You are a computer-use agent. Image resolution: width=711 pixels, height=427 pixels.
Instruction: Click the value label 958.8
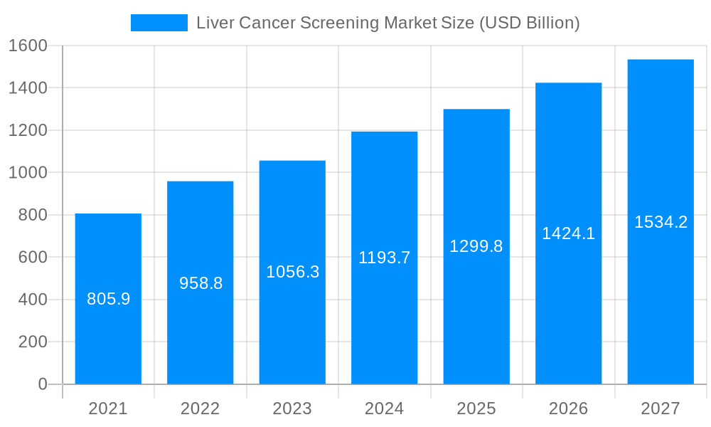201,283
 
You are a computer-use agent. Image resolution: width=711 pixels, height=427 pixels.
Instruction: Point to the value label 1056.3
292,272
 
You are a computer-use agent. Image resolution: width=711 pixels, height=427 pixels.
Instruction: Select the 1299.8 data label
476,246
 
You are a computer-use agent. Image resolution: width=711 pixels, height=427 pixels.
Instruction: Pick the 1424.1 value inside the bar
568,233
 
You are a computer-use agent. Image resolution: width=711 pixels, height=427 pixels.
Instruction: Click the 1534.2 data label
661,222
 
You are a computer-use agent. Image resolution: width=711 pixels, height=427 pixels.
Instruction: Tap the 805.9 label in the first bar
108,299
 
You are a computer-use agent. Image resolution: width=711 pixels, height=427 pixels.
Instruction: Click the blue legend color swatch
159,23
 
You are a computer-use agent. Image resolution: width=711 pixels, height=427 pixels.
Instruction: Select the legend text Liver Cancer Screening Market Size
387,23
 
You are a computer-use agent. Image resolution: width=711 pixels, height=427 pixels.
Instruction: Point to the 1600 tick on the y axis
27,46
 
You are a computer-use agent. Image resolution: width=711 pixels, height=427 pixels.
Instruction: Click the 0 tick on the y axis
42,384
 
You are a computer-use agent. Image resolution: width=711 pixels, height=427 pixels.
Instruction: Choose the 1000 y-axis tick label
27,172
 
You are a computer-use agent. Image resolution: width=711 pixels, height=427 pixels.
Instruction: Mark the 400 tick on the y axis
32,300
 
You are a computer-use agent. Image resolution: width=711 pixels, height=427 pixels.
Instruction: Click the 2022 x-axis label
200,408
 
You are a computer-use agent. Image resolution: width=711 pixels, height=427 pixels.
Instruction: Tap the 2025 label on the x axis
476,408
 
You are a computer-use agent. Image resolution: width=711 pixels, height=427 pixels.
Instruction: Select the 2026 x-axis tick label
568,408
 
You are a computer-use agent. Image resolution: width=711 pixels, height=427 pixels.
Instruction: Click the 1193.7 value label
384,258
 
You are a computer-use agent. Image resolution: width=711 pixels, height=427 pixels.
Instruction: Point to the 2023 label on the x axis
292,408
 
